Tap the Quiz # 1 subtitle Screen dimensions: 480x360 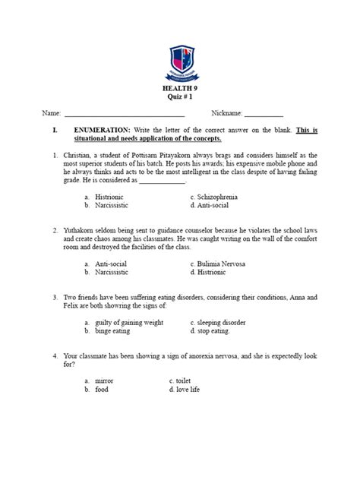click(180, 99)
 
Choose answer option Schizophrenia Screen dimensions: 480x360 click(220, 196)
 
